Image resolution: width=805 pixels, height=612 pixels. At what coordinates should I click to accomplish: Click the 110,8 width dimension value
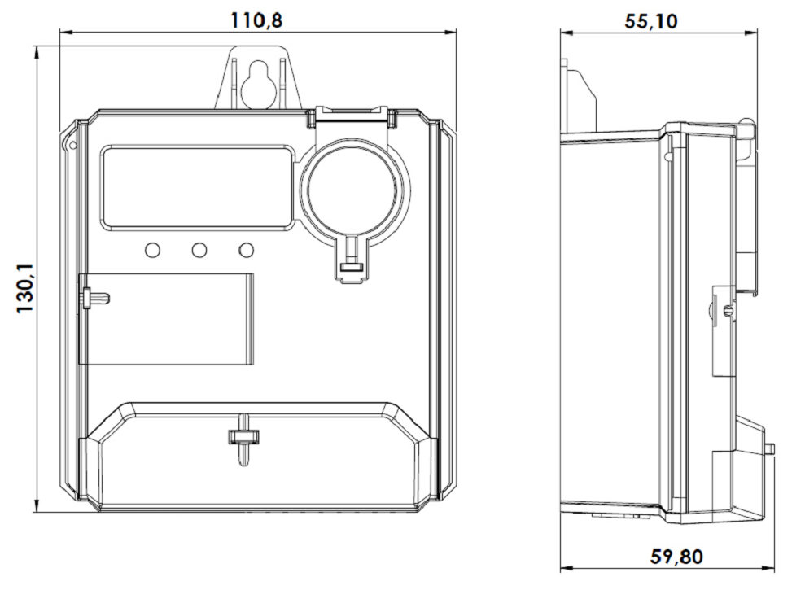(x=256, y=20)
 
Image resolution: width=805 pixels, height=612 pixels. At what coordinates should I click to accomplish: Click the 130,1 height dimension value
(x=26, y=289)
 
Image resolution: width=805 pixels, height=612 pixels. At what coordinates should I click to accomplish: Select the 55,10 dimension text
(x=650, y=21)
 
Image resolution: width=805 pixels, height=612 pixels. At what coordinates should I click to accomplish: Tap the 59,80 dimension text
(x=676, y=556)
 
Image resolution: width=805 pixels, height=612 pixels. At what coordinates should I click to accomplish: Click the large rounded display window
(x=198, y=187)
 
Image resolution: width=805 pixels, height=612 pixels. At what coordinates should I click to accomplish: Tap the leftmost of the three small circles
(x=152, y=250)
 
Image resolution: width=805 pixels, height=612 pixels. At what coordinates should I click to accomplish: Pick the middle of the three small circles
(x=199, y=250)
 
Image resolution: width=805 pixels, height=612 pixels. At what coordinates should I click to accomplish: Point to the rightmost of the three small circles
(x=247, y=250)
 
